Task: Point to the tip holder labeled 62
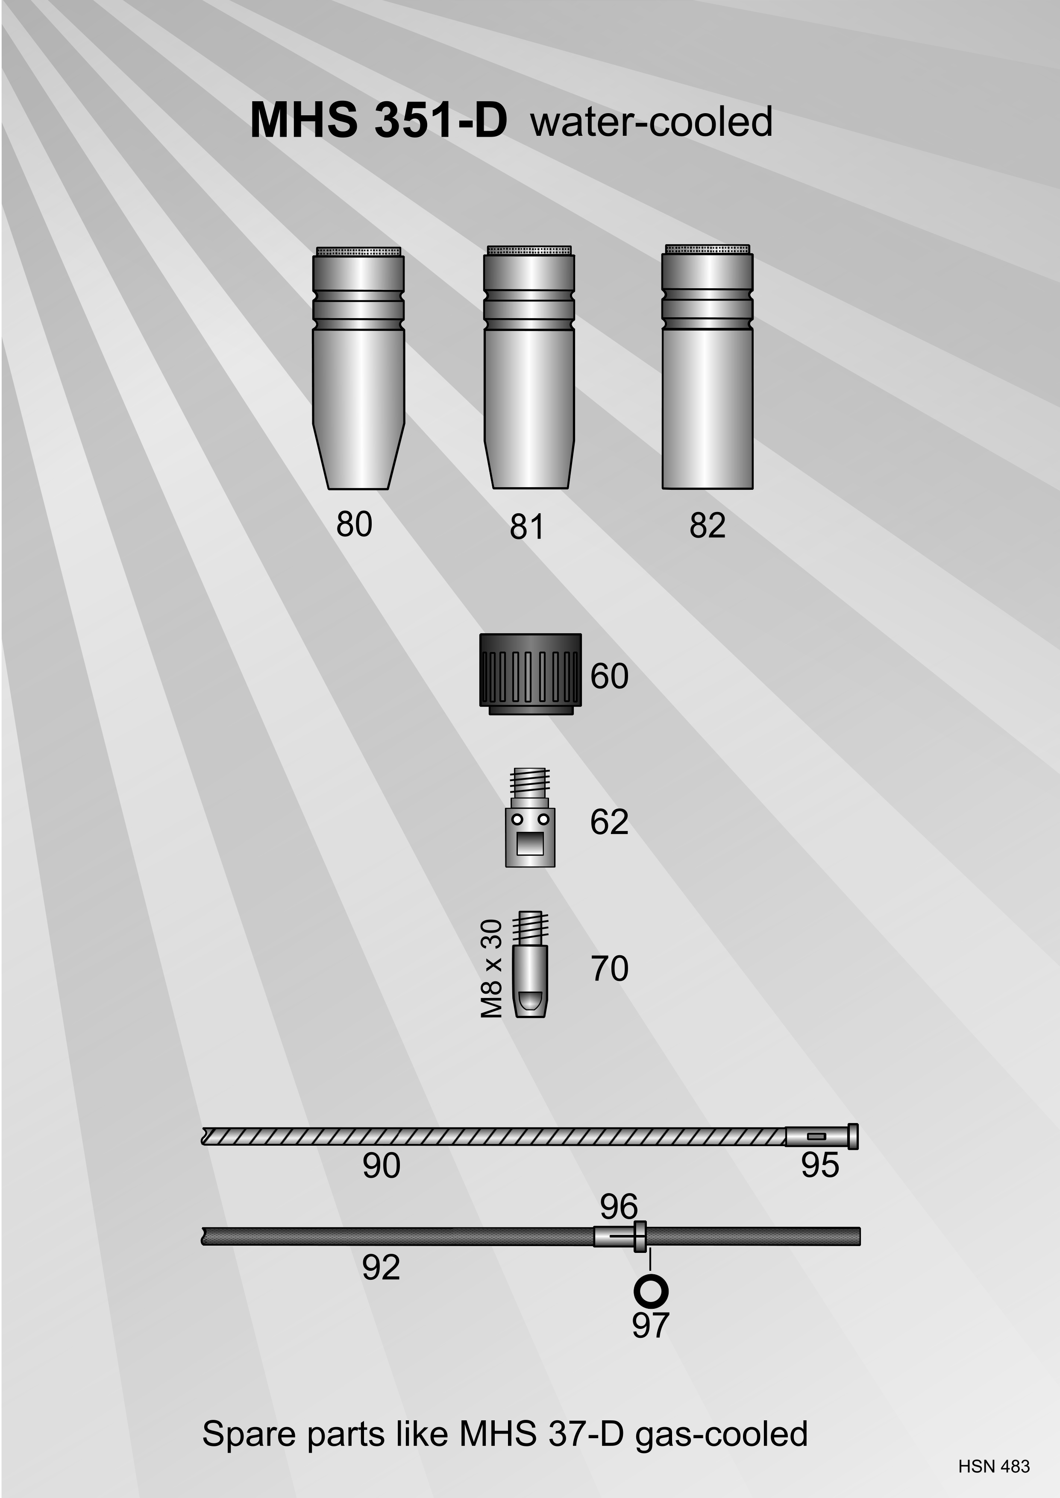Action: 530,817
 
